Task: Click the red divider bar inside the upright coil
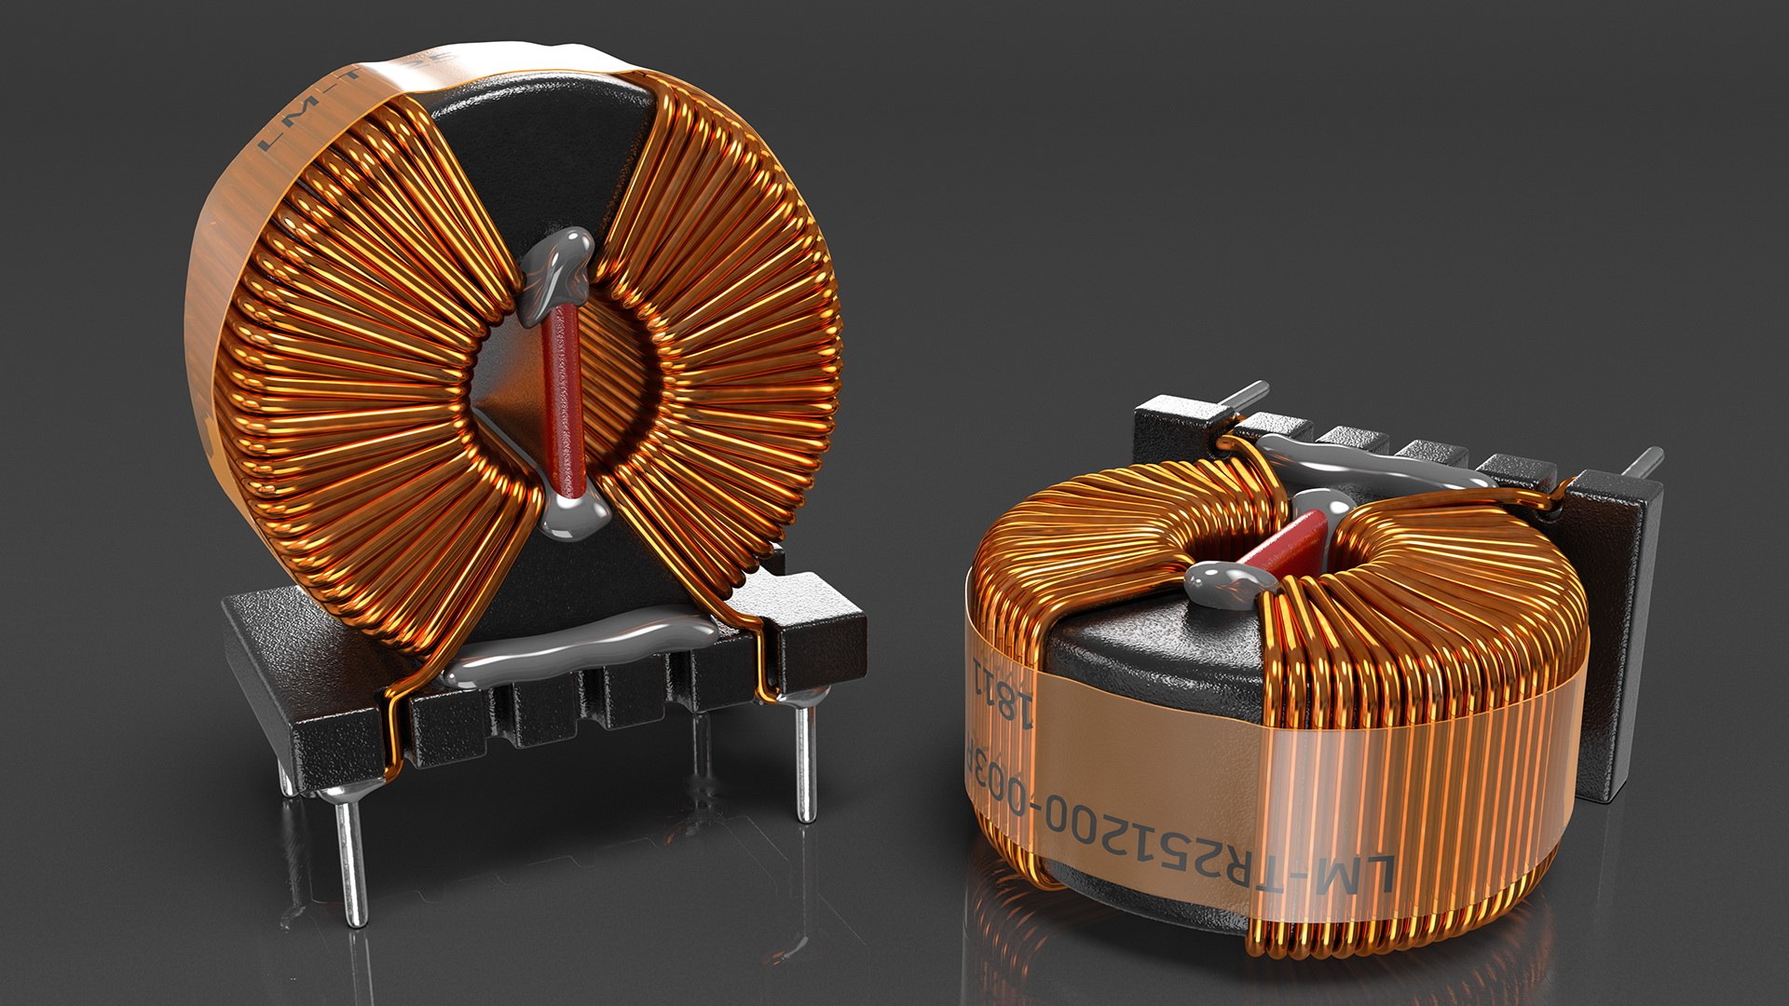pos(562,401)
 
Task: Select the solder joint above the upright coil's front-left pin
pos(337,792)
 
